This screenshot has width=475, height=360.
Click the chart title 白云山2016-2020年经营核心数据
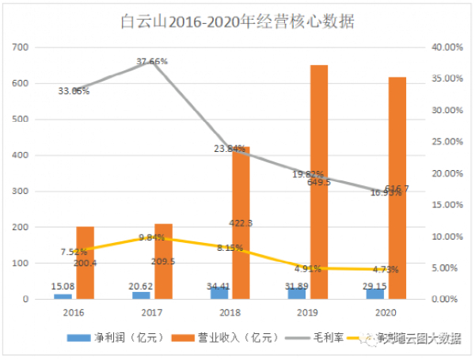[237, 21]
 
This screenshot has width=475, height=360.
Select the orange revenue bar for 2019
[319, 182]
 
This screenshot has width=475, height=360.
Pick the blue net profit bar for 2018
[220, 293]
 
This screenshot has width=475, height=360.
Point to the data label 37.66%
[152, 61]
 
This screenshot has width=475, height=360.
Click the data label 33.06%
[74, 91]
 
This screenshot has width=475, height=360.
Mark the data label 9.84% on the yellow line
[153, 237]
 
